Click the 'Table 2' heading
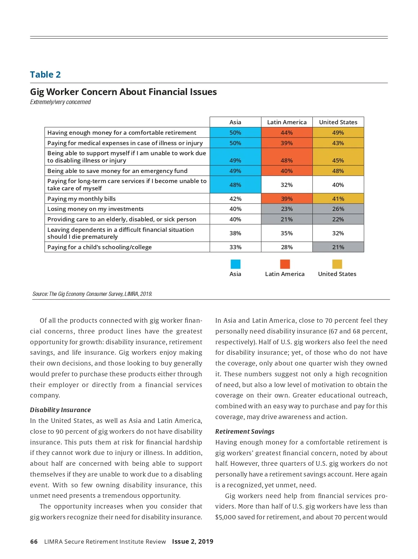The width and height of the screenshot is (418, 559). point(45,74)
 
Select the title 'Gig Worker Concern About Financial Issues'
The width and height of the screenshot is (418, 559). point(123,92)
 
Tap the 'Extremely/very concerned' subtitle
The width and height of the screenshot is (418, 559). point(60,102)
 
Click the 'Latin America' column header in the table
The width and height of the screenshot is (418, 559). point(287,122)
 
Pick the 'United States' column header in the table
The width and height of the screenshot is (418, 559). point(338,122)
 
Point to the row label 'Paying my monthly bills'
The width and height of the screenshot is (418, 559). point(82,199)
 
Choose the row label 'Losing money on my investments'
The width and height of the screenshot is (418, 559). point(95,209)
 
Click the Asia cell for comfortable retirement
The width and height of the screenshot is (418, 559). point(235,133)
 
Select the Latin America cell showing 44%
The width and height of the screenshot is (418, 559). point(287,133)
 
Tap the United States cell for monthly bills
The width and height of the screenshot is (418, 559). point(338,199)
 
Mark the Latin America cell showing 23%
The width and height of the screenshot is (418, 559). point(287,209)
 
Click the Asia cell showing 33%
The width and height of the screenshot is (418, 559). point(235,247)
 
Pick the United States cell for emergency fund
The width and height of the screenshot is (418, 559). point(338,171)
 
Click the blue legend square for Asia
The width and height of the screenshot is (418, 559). point(235,264)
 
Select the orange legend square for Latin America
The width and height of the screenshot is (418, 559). point(285,264)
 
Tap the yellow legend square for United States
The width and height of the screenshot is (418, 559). point(337,264)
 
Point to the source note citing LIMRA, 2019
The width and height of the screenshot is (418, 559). point(92,294)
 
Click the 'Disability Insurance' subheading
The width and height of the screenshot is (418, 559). point(60,410)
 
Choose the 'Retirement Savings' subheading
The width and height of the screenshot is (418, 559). point(245,432)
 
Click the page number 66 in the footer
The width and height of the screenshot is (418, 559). point(34,542)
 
